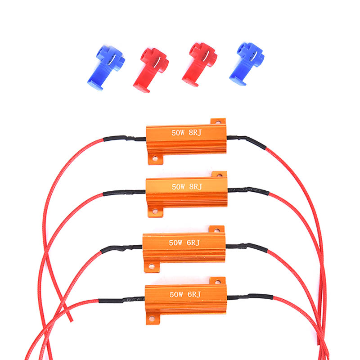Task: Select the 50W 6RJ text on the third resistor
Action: pyautogui.click(x=184, y=243)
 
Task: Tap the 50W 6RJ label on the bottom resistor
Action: pyautogui.click(x=184, y=294)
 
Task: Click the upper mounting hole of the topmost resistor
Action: pyautogui.click(x=218, y=121)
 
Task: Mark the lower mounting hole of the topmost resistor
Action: pyautogui.click(x=155, y=158)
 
